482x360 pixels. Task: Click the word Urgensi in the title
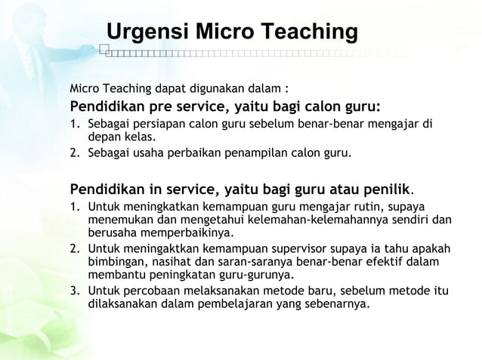point(148,32)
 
